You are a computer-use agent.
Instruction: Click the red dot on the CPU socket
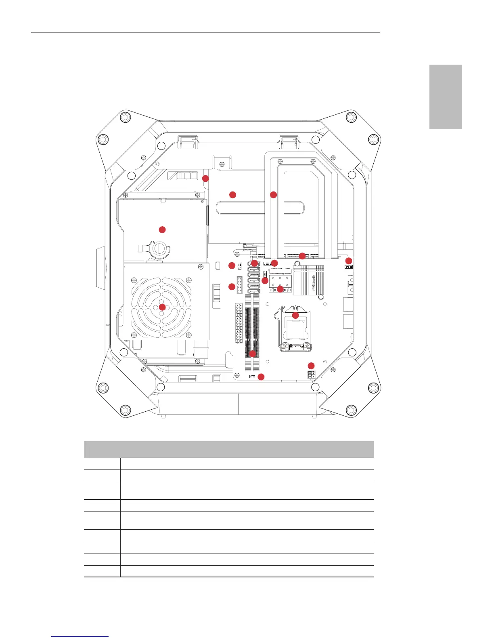click(295, 315)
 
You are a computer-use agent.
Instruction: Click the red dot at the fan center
click(162, 307)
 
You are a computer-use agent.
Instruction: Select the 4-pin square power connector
click(311, 375)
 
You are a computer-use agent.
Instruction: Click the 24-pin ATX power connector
click(239, 323)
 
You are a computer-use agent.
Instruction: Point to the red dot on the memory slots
click(253, 354)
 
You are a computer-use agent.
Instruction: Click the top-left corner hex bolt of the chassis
click(125, 117)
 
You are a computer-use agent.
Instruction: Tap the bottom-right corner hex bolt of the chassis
click(351, 410)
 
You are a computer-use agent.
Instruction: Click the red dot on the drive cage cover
click(162, 229)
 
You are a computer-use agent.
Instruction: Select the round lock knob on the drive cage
click(159, 249)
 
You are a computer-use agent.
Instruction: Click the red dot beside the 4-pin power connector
click(311, 366)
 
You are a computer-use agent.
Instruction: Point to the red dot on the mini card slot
click(280, 288)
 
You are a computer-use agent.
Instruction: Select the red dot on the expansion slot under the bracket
click(302, 255)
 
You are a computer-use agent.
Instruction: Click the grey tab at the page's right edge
click(445, 97)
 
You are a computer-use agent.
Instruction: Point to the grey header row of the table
click(228, 449)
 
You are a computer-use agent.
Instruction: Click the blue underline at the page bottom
click(80, 636)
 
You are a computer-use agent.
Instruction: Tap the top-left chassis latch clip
click(188, 142)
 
